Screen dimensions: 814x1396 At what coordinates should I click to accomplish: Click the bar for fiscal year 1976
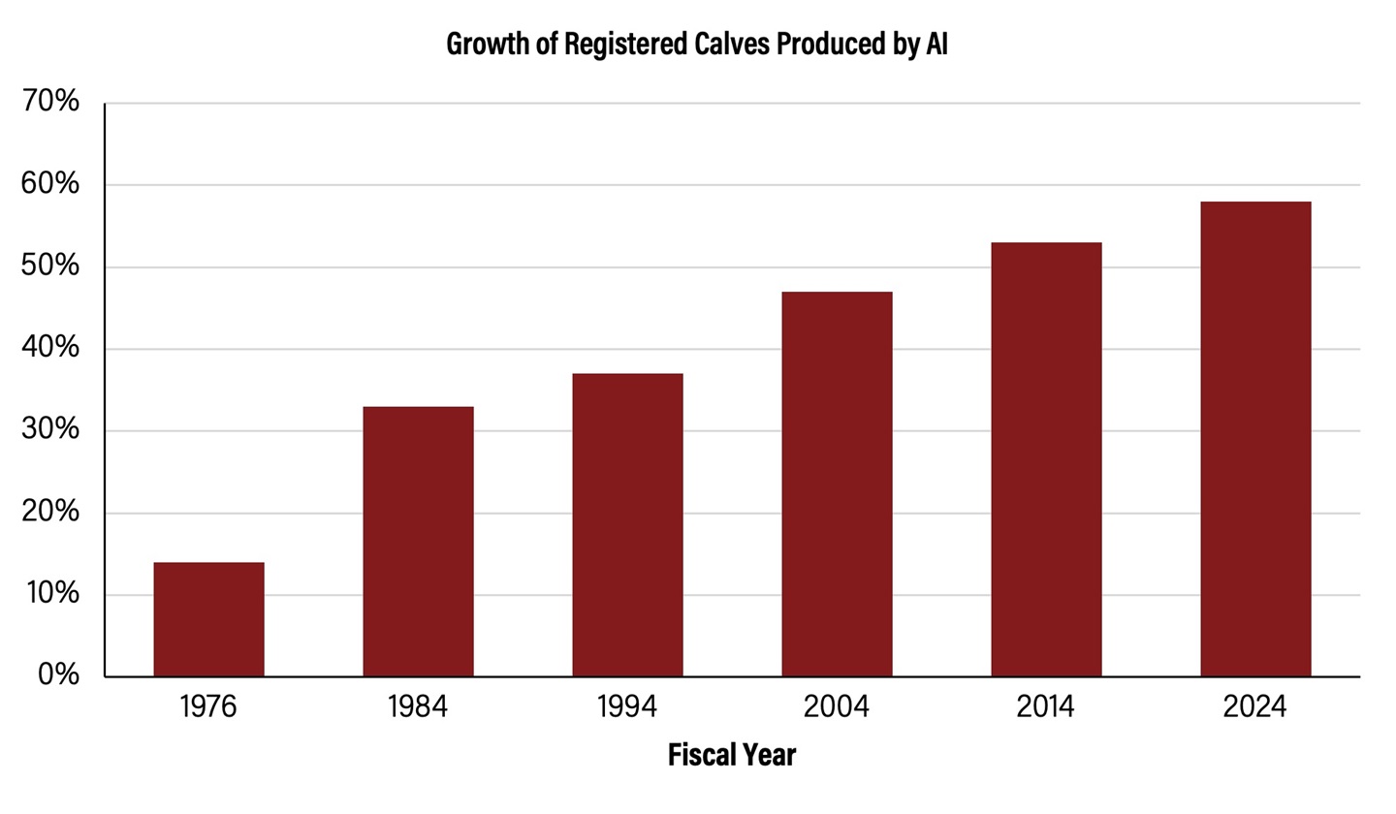[208, 619]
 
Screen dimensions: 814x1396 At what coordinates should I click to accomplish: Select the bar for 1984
[418, 542]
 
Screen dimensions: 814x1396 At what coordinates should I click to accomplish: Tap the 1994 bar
[627, 525]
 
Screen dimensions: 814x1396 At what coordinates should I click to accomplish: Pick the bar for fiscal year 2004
[837, 485]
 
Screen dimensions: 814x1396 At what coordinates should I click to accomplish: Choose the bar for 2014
[1046, 459]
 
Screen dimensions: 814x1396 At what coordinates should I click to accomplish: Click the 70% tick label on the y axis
[50, 101]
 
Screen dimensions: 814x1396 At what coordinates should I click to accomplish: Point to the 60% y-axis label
[50, 183]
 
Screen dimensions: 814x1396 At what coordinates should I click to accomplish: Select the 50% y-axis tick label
[50, 266]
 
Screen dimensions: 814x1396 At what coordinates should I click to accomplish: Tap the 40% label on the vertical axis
[50, 347]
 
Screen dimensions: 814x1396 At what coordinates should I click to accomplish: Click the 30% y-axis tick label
[50, 429]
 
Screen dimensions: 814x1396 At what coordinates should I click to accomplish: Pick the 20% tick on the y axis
[50, 512]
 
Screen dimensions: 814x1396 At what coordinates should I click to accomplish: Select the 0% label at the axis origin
[58, 675]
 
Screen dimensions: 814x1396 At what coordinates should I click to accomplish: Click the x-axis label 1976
[208, 707]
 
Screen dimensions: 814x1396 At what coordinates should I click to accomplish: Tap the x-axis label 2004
[837, 707]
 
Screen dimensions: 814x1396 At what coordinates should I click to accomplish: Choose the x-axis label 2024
[1255, 707]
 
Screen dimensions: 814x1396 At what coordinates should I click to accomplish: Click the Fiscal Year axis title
[732, 755]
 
